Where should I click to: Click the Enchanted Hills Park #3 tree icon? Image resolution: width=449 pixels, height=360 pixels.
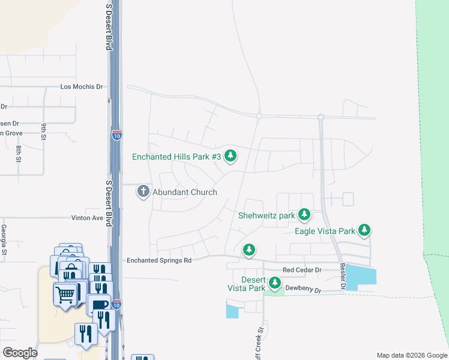click(231, 157)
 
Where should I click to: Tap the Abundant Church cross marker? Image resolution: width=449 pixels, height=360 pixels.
click(143, 191)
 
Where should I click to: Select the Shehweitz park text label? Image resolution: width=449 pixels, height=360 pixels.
click(267, 215)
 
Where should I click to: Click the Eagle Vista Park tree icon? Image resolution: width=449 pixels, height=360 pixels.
click(364, 230)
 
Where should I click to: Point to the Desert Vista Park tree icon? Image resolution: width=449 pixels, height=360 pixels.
click(275, 283)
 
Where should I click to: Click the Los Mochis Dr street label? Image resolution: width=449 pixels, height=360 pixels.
click(82, 86)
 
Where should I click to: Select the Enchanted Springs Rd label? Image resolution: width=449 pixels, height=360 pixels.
click(158, 260)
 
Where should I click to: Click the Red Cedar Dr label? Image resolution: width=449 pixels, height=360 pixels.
click(302, 271)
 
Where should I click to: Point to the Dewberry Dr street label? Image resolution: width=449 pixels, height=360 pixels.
click(304, 290)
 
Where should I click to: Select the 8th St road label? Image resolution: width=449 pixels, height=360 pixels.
click(19, 154)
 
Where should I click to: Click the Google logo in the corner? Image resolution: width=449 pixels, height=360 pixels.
click(20, 352)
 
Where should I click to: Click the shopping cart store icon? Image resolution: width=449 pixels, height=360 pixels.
click(65, 294)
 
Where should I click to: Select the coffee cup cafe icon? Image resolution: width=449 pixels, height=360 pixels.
click(98, 304)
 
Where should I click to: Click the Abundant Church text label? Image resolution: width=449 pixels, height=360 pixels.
click(185, 192)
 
